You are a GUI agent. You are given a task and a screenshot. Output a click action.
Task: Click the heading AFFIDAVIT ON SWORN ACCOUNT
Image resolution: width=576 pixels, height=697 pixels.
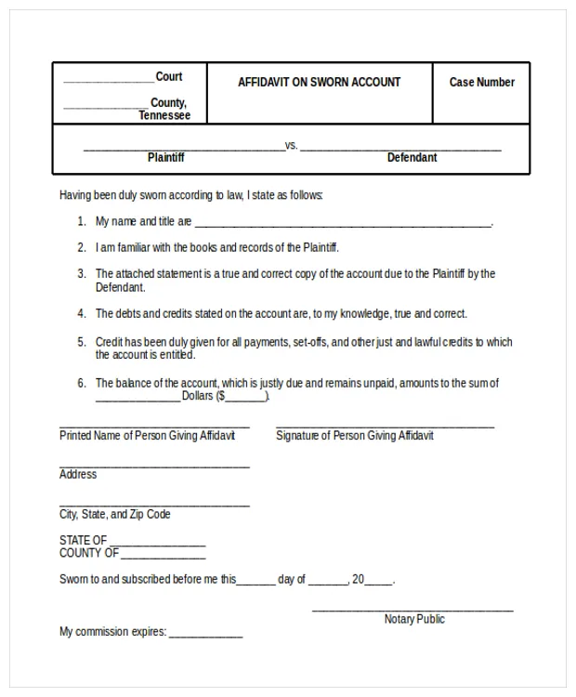click(319, 82)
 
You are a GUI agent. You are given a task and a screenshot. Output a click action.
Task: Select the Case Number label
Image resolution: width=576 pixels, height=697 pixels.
click(481, 82)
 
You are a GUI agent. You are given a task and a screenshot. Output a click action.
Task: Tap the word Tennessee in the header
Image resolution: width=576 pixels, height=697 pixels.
click(164, 115)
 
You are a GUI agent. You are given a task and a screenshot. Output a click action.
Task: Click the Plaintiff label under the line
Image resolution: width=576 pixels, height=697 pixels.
click(166, 157)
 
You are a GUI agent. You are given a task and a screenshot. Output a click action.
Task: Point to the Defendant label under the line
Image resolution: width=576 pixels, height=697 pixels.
click(412, 157)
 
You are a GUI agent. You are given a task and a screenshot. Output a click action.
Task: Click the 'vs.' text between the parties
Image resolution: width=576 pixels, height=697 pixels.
click(291, 145)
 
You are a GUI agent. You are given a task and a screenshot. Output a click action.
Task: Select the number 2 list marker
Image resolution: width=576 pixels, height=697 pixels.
click(82, 248)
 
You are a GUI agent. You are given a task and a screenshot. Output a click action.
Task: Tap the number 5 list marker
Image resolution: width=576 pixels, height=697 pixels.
click(82, 342)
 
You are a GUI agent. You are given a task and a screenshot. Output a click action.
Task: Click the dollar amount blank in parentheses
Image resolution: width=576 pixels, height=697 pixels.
click(245, 398)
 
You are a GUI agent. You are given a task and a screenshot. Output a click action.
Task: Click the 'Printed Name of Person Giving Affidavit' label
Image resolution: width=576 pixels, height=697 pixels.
click(148, 435)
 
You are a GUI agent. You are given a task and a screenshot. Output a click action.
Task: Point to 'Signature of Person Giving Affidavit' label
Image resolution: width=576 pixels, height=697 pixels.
click(354, 435)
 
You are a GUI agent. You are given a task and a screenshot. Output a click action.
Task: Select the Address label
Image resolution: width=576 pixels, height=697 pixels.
click(78, 474)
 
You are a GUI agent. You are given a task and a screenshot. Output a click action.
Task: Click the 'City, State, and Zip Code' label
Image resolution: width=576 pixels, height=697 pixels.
click(115, 514)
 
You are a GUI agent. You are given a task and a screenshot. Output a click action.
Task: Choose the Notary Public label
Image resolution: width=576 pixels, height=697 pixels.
click(414, 619)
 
